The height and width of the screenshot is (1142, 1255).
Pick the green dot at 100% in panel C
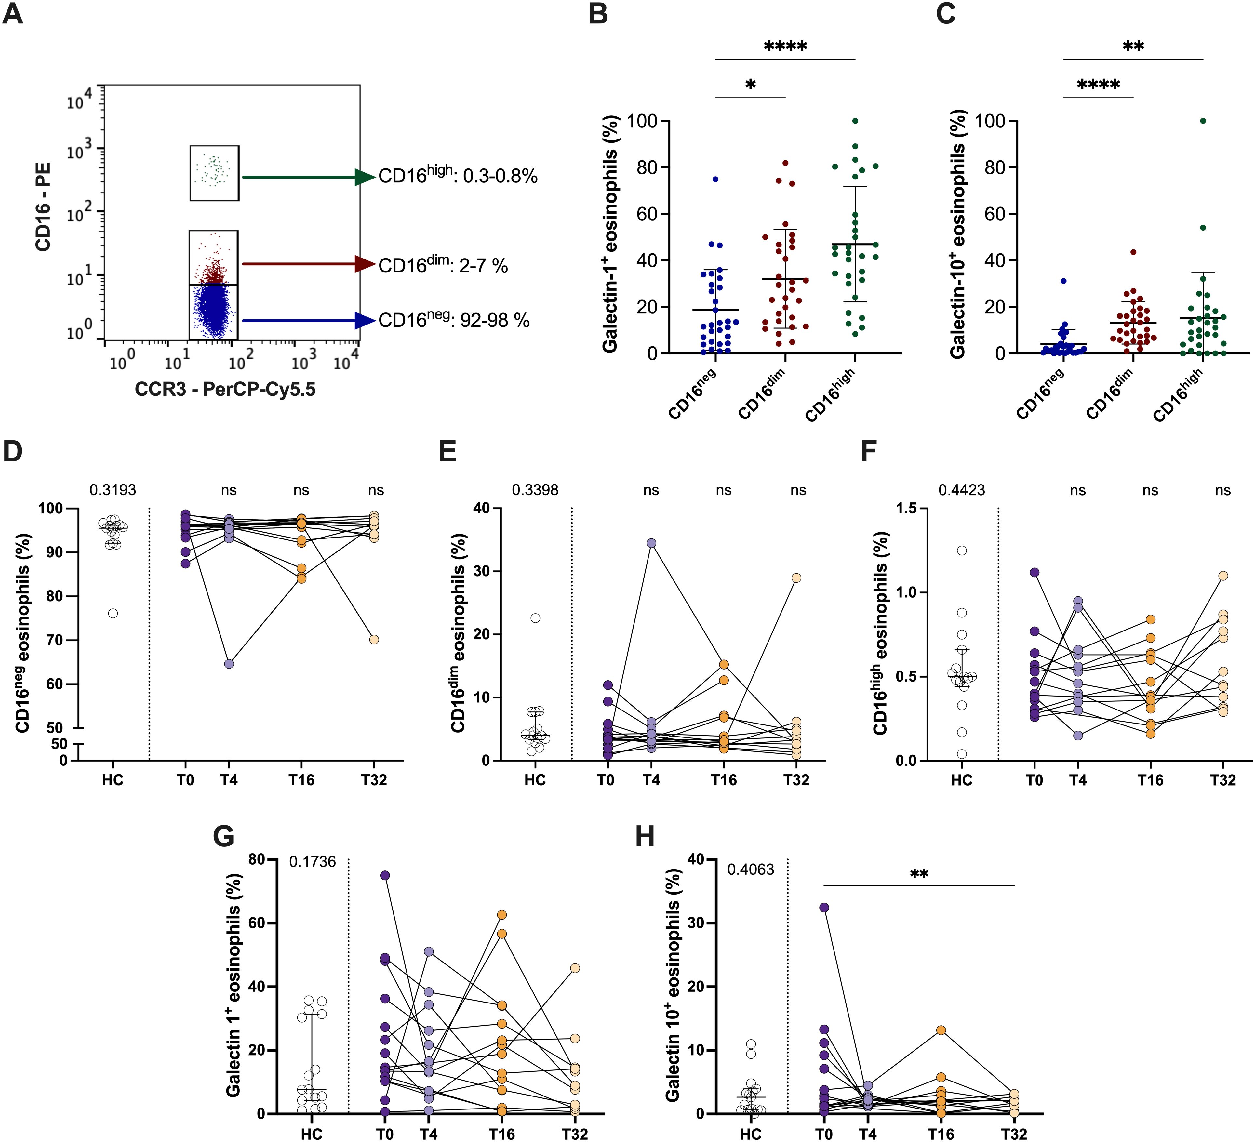tap(1203, 121)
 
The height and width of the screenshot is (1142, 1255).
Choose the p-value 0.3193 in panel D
tap(113, 490)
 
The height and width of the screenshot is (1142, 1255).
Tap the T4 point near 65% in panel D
tap(229, 664)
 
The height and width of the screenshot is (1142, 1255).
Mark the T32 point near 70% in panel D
tap(374, 639)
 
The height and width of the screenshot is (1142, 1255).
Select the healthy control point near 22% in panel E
tap(535, 618)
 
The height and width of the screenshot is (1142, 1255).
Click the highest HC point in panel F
tap(962, 550)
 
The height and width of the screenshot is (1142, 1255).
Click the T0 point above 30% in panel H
tap(824, 907)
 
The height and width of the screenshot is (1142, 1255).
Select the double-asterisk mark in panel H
tap(919, 874)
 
